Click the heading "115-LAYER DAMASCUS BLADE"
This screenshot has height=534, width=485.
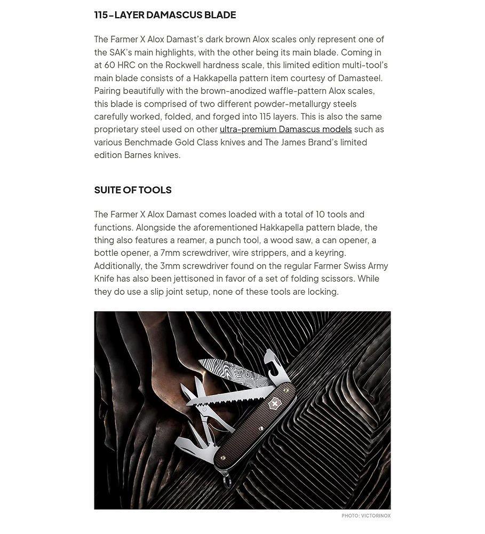click(x=165, y=15)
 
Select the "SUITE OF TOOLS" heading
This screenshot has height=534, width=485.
click(x=133, y=190)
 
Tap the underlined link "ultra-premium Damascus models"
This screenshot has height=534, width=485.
click(x=285, y=129)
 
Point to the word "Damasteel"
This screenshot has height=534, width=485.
click(x=360, y=78)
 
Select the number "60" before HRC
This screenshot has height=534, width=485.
click(x=109, y=65)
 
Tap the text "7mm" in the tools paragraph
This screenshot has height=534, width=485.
click(x=170, y=253)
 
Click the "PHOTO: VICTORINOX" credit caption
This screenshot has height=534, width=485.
click(x=366, y=516)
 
